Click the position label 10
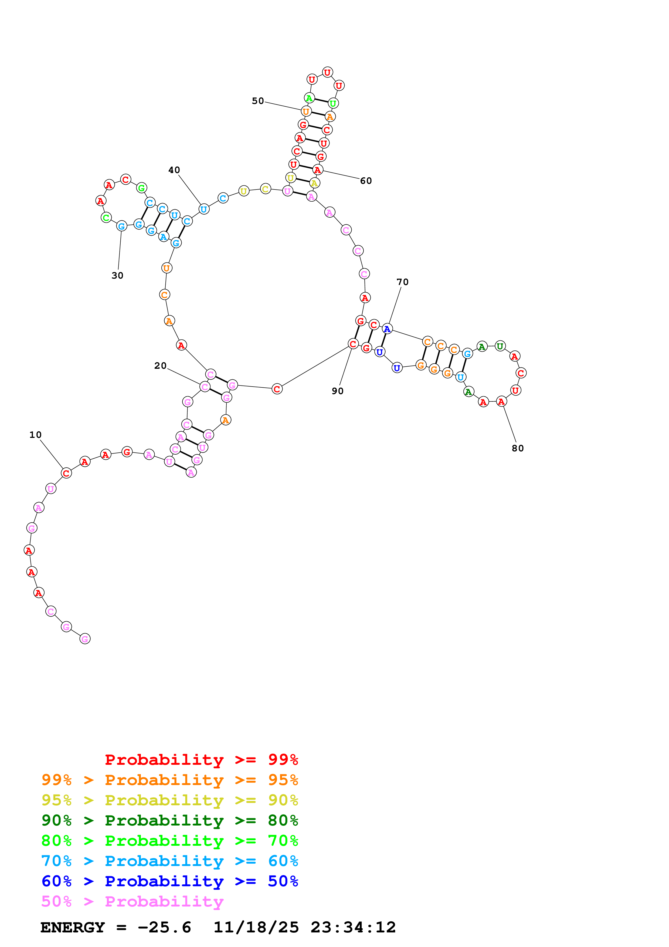(x=35, y=435)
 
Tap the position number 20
(x=160, y=366)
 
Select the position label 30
(x=117, y=276)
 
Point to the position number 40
(x=174, y=170)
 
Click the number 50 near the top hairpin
(x=258, y=101)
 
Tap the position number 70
(x=402, y=282)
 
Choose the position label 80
(x=518, y=448)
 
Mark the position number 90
(x=338, y=391)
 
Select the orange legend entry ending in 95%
(x=169, y=780)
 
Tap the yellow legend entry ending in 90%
(x=169, y=800)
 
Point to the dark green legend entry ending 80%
(x=169, y=820)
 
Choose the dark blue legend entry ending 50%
(x=169, y=881)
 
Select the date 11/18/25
(x=256, y=927)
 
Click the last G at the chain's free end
(x=85, y=639)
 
